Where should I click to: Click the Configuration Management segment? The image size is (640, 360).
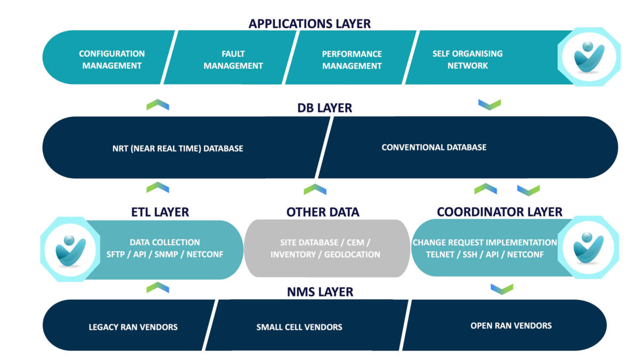pos(109,57)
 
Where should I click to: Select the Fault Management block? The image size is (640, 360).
pos(230,57)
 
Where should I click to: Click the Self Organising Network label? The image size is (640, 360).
pos(467,59)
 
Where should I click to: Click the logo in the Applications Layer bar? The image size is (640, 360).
pos(589,57)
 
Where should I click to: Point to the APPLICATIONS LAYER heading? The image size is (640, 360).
pos(309,23)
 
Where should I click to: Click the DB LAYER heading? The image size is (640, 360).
pos(325,108)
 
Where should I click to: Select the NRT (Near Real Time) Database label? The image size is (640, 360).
pos(178,149)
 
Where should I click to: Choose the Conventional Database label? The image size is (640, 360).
pos(434,147)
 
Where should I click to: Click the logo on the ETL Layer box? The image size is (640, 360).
pos(70,249)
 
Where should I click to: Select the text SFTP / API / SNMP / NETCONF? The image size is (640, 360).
pos(165,254)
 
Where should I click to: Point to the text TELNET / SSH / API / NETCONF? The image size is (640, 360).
pos(485,254)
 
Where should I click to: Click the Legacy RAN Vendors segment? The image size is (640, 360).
pos(129,325)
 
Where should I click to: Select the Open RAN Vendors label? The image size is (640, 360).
pos(511,326)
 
